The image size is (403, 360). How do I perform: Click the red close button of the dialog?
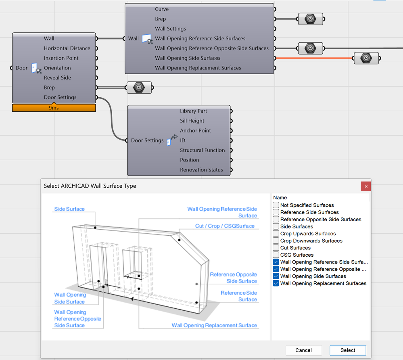tap(366, 186)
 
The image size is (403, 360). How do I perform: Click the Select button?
tap(348, 350)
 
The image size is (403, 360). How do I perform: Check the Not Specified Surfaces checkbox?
tap(276, 205)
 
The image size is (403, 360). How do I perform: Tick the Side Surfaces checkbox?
tap(276, 226)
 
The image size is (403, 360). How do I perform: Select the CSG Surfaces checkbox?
tap(276, 255)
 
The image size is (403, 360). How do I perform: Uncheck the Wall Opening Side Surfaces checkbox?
tap(276, 276)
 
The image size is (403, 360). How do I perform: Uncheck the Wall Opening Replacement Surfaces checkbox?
tap(276, 283)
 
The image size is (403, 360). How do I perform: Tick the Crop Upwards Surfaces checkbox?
tap(276, 234)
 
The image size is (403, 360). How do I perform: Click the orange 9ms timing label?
tap(54, 108)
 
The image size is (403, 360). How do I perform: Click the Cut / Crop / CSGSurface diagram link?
tap(225, 226)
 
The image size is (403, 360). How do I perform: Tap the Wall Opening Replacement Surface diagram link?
tap(214, 325)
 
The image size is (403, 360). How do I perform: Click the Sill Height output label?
tap(192, 121)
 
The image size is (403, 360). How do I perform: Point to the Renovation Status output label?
tap(202, 170)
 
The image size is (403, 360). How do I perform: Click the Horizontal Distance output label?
tap(67, 48)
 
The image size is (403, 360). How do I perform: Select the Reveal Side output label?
tap(57, 77)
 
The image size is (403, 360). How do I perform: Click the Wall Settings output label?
tap(170, 29)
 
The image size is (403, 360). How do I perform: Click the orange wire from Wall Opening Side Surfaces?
tap(314, 58)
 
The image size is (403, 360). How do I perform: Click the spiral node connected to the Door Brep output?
tap(139, 88)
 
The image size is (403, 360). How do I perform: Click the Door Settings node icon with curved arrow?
tap(172, 140)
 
